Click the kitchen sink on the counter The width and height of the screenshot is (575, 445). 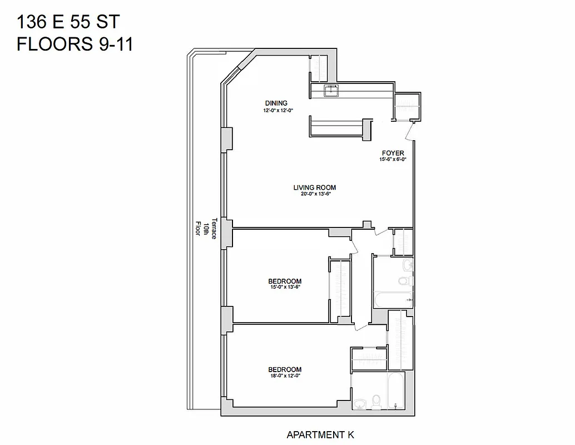[x=331, y=90]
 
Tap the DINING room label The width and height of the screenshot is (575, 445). [x=276, y=103]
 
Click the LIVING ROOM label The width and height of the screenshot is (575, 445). [x=315, y=187]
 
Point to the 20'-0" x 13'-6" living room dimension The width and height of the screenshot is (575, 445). [x=315, y=195]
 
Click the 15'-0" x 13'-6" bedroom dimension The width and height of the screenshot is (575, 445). [x=285, y=288]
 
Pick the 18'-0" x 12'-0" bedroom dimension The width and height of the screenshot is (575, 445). [x=285, y=377]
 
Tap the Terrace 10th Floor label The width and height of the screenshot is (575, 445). [x=204, y=227]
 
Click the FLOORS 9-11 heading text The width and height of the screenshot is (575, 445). [x=75, y=44]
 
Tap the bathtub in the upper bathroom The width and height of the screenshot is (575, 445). [x=393, y=300]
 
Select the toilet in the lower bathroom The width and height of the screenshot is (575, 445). [x=376, y=402]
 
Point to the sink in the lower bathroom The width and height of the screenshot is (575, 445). [x=360, y=403]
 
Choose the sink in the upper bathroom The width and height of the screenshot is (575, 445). [x=408, y=264]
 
